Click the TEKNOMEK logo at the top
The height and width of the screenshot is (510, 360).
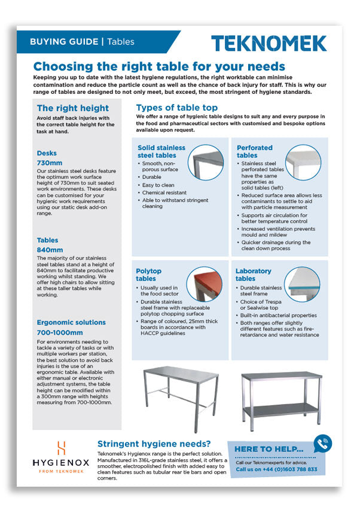[269, 43]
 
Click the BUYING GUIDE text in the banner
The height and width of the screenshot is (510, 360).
[64, 42]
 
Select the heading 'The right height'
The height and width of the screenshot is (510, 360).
[73, 108]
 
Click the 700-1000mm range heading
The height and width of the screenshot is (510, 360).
[60, 332]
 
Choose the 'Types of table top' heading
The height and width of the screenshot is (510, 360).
[177, 108]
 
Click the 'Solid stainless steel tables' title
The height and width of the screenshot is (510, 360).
[161, 151]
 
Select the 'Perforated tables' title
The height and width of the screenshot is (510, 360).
[255, 151]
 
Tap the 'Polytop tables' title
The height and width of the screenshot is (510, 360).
[149, 274]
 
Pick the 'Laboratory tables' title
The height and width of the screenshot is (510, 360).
[253, 274]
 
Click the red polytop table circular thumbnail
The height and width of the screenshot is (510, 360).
[208, 283]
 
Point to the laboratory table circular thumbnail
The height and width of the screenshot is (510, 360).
[301, 283]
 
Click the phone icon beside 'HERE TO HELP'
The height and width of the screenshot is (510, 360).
[323, 444]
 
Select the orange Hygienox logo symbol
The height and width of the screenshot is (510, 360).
[60, 448]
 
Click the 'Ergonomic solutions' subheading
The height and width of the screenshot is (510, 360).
[71, 322]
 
